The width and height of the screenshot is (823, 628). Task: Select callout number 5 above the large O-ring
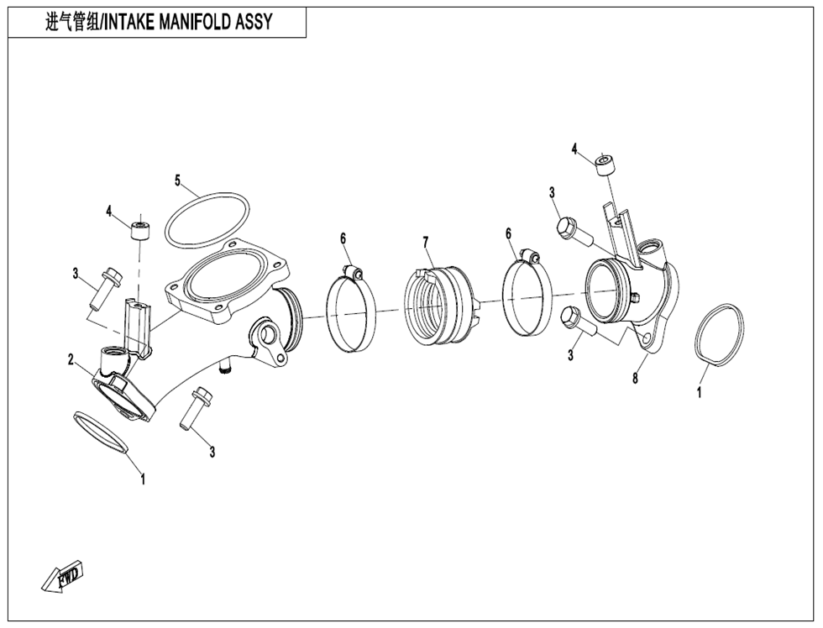click(178, 180)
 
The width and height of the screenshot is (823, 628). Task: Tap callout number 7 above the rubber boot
click(427, 242)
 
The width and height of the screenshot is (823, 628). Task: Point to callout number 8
click(635, 378)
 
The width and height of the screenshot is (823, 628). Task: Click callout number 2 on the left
click(72, 359)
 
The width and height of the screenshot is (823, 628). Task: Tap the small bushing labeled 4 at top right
click(604, 164)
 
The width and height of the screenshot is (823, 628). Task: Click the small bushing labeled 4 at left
click(141, 228)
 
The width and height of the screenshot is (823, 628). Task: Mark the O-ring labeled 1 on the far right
click(720, 336)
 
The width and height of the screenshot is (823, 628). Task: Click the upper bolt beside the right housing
click(574, 230)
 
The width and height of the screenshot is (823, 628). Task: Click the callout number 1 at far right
click(700, 392)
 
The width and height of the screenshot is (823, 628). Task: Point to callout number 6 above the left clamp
click(343, 238)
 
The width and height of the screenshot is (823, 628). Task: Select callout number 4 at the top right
click(574, 149)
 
